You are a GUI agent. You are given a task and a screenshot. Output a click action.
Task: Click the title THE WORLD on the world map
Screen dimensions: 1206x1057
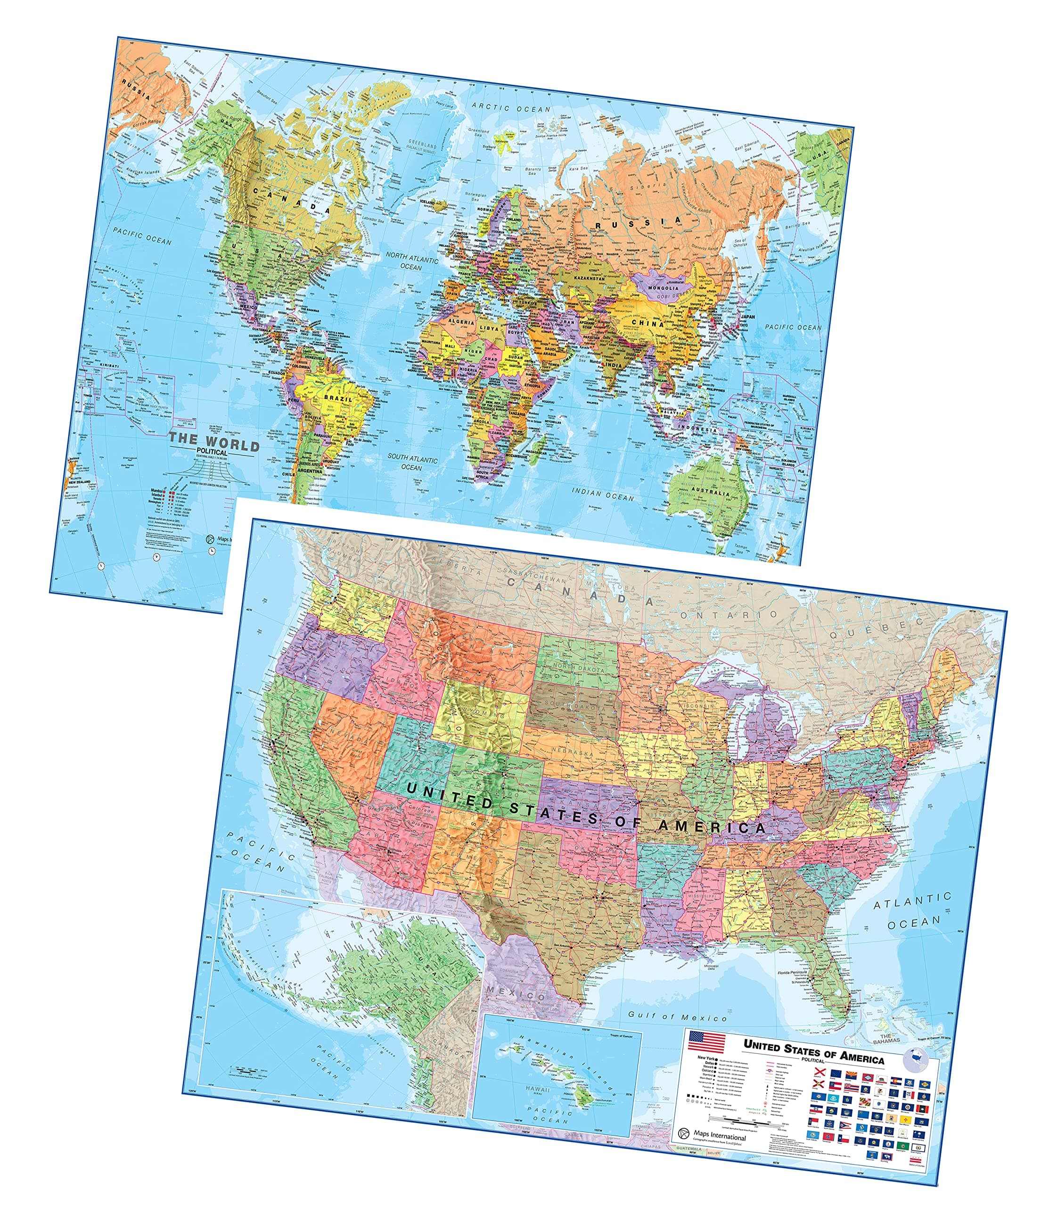point(213,443)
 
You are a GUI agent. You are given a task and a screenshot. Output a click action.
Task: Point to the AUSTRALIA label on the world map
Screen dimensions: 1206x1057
point(711,491)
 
